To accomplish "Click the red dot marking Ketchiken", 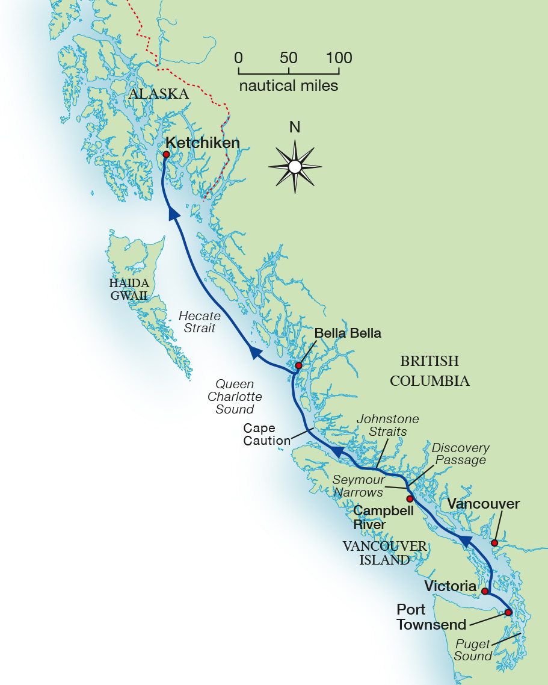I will point(166,154).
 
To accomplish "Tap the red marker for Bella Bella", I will point(298,365).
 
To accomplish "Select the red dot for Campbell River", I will point(410,499).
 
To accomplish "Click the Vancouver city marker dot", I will point(494,543).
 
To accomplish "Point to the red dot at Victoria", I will point(485,591).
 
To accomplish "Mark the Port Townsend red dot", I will point(508,612).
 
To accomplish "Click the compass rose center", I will point(295,166).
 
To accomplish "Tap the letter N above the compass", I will point(295,127).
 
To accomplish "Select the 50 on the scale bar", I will point(289,58).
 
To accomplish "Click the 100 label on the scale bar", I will point(339,58).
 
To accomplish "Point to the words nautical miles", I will point(289,85).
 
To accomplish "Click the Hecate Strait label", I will point(200,322).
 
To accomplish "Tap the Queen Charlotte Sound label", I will point(235,397).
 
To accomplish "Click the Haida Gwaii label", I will point(129,289).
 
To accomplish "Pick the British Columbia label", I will point(429,371).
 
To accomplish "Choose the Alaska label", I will point(158,94).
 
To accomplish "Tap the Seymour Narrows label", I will point(359,486).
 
